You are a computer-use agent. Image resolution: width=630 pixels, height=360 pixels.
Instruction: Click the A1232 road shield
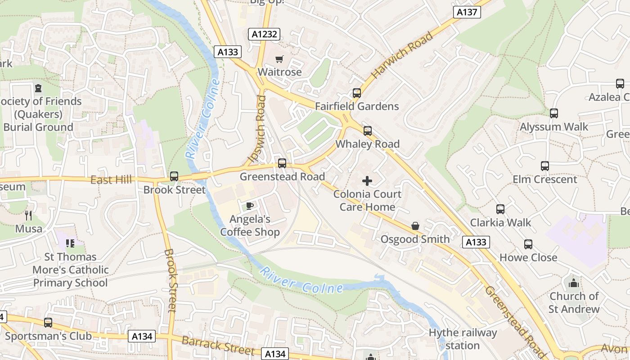[x=264, y=34]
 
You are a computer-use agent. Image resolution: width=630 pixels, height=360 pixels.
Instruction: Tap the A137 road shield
[x=467, y=12]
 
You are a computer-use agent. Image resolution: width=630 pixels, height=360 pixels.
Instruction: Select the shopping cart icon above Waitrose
[x=279, y=59]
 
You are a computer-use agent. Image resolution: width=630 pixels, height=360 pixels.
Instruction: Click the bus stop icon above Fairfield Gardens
[x=357, y=93]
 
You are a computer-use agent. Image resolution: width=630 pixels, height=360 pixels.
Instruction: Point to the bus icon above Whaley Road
[x=368, y=131]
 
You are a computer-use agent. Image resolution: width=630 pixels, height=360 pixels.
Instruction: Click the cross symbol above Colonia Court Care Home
[x=367, y=181]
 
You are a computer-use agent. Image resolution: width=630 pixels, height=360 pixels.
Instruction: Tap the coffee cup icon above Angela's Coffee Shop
[x=250, y=206]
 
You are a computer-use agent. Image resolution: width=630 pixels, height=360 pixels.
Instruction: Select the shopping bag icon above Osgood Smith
[x=415, y=226]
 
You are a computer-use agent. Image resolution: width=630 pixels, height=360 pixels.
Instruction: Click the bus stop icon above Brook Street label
[x=174, y=176]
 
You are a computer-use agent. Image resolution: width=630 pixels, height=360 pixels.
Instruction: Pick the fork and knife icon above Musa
[x=28, y=216]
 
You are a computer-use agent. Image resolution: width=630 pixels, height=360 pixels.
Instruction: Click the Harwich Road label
[x=402, y=55]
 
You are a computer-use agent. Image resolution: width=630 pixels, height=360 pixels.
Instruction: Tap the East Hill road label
[x=111, y=180]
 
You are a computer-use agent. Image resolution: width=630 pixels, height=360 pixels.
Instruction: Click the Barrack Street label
[x=218, y=345]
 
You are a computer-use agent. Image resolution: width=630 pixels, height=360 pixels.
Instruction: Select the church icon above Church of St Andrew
[x=574, y=283]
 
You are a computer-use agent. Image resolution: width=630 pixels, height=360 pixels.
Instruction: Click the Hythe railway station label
[x=463, y=339]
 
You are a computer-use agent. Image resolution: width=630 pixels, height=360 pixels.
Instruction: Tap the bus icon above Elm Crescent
[x=545, y=166]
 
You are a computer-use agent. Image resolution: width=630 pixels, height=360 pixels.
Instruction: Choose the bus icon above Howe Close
[x=528, y=244]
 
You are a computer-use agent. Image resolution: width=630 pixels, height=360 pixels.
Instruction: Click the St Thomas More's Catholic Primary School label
[x=71, y=270]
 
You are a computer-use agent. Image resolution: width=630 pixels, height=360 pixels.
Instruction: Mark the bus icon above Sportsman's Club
[x=48, y=323]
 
